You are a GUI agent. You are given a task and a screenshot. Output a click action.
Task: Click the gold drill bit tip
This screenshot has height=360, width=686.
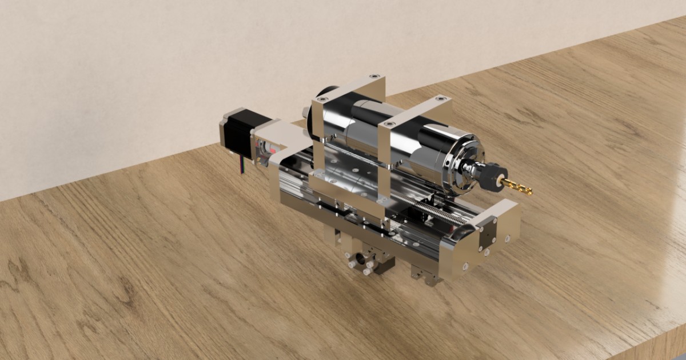(523, 189)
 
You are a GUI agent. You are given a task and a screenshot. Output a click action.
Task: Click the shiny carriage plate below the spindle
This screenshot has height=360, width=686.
(343, 194)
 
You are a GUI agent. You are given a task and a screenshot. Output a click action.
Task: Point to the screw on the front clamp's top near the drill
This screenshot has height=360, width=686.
(389, 123)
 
